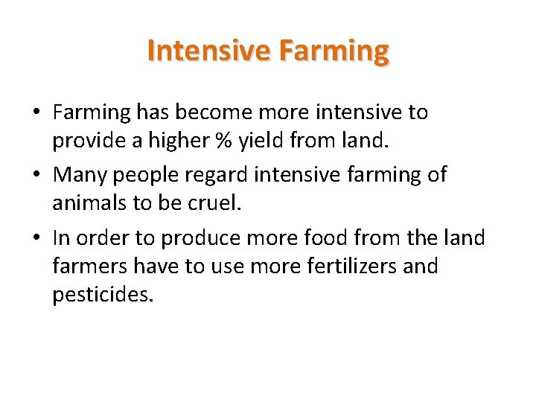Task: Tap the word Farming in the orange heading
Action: [333, 51]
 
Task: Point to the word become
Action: [222, 112]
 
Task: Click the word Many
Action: [80, 175]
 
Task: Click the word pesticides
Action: [103, 295]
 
